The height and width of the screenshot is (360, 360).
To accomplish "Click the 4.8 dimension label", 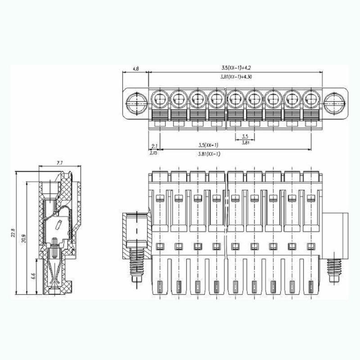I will tap(135, 69).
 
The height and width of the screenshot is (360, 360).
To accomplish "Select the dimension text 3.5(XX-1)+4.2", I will tap(236, 67).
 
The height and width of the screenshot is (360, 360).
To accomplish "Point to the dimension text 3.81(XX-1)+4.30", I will tap(236, 77).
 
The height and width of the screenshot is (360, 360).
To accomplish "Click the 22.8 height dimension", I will tap(13, 233).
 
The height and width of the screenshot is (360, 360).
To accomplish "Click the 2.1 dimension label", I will tap(154, 146).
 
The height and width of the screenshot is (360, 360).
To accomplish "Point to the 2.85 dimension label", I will tap(154, 153).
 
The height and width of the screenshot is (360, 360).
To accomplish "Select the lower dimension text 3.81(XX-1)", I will tap(209, 154).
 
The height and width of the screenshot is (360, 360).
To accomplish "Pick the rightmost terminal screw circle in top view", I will tap(310, 99).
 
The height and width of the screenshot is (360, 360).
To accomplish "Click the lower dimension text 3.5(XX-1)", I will tap(208, 145).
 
